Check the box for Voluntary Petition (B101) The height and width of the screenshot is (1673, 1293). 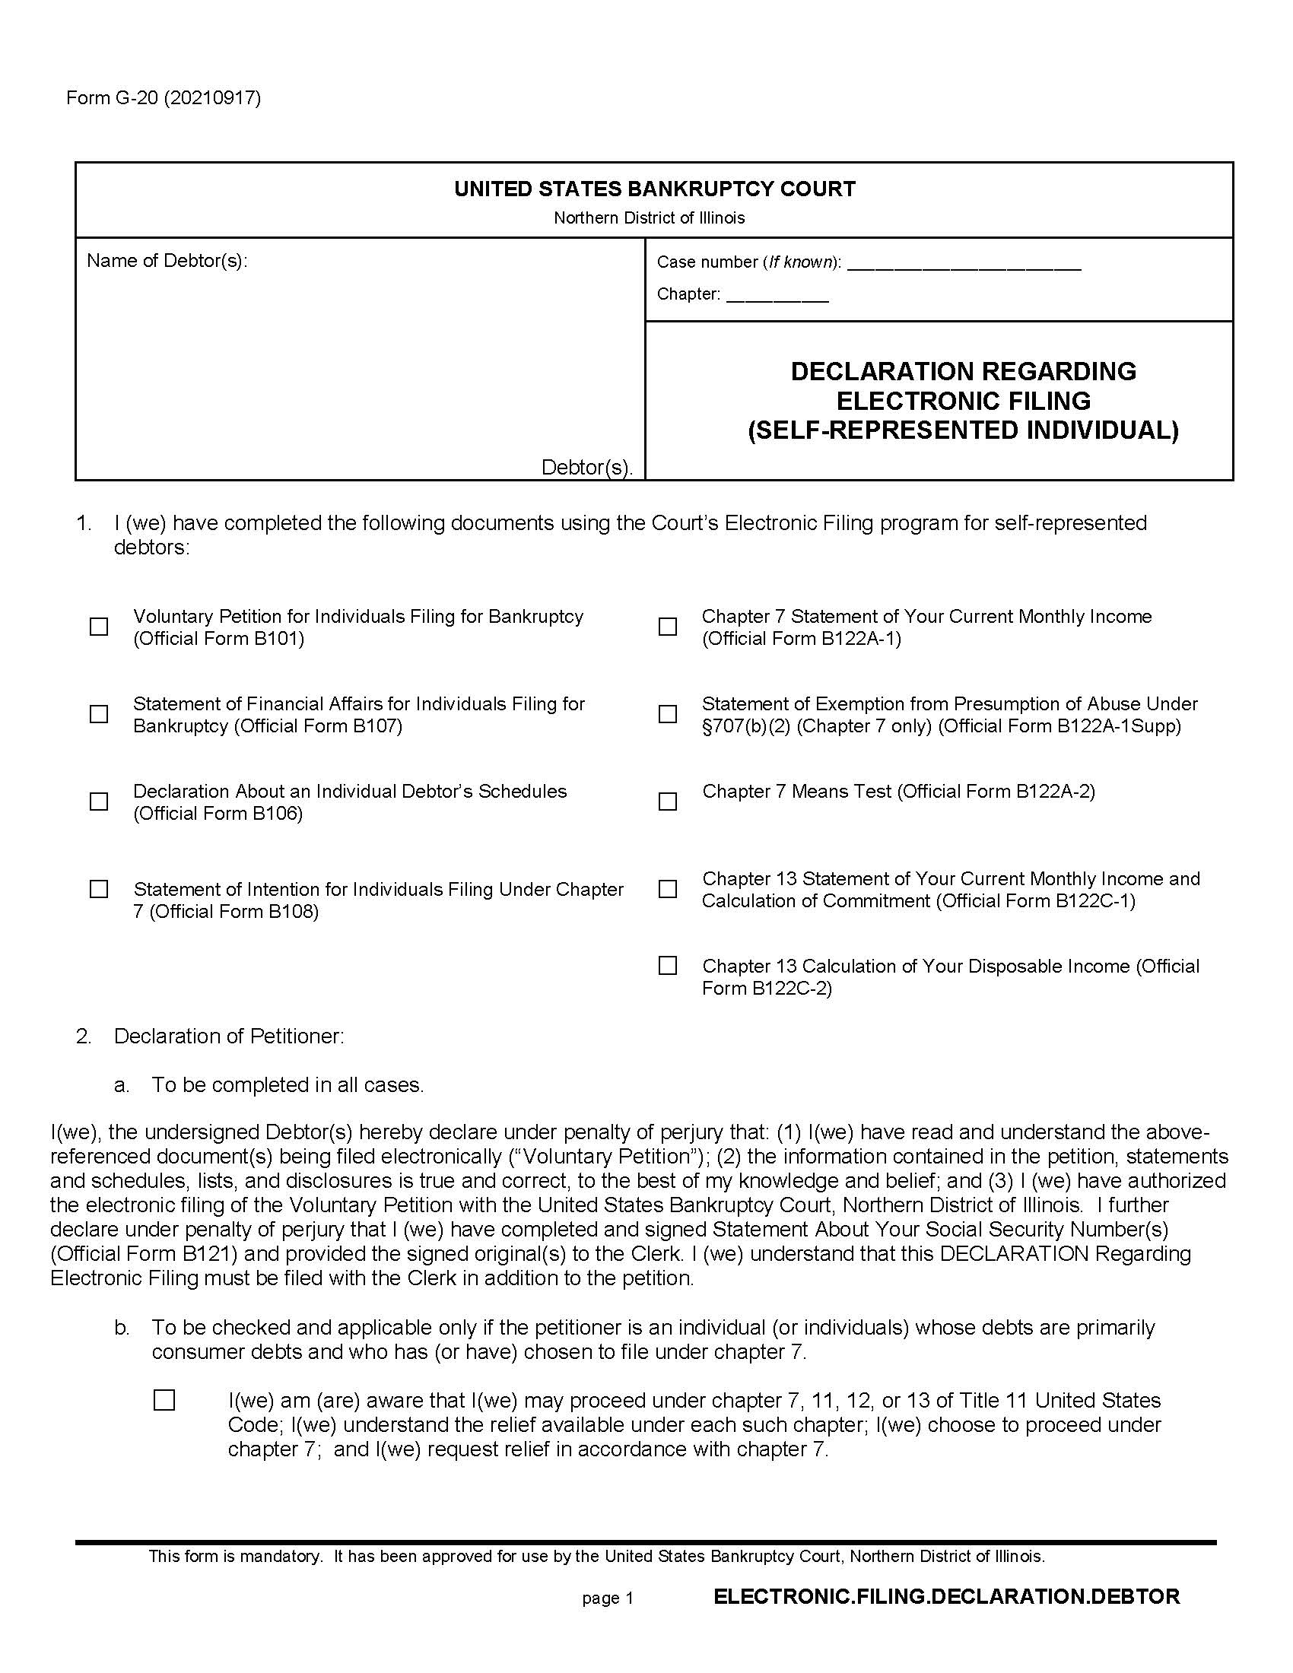99,627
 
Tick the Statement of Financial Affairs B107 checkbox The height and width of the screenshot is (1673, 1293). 99,714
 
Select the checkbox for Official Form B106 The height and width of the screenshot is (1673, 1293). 99,802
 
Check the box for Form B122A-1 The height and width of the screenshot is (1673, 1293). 668,627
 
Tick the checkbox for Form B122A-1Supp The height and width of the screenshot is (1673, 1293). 668,714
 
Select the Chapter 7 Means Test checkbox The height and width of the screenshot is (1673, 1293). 668,802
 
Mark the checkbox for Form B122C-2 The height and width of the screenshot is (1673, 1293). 668,965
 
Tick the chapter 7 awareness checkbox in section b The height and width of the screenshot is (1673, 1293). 164,1400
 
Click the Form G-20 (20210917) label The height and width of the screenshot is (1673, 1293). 164,98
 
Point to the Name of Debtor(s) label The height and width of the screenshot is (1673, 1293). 167,261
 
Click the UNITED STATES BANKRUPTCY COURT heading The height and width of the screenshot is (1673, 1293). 654,189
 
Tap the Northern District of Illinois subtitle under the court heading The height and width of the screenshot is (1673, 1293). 649,218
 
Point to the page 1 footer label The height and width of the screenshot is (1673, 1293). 608,1598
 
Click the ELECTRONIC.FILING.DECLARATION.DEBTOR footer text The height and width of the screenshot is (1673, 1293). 946,1596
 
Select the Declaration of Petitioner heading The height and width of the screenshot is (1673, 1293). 228,1036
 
